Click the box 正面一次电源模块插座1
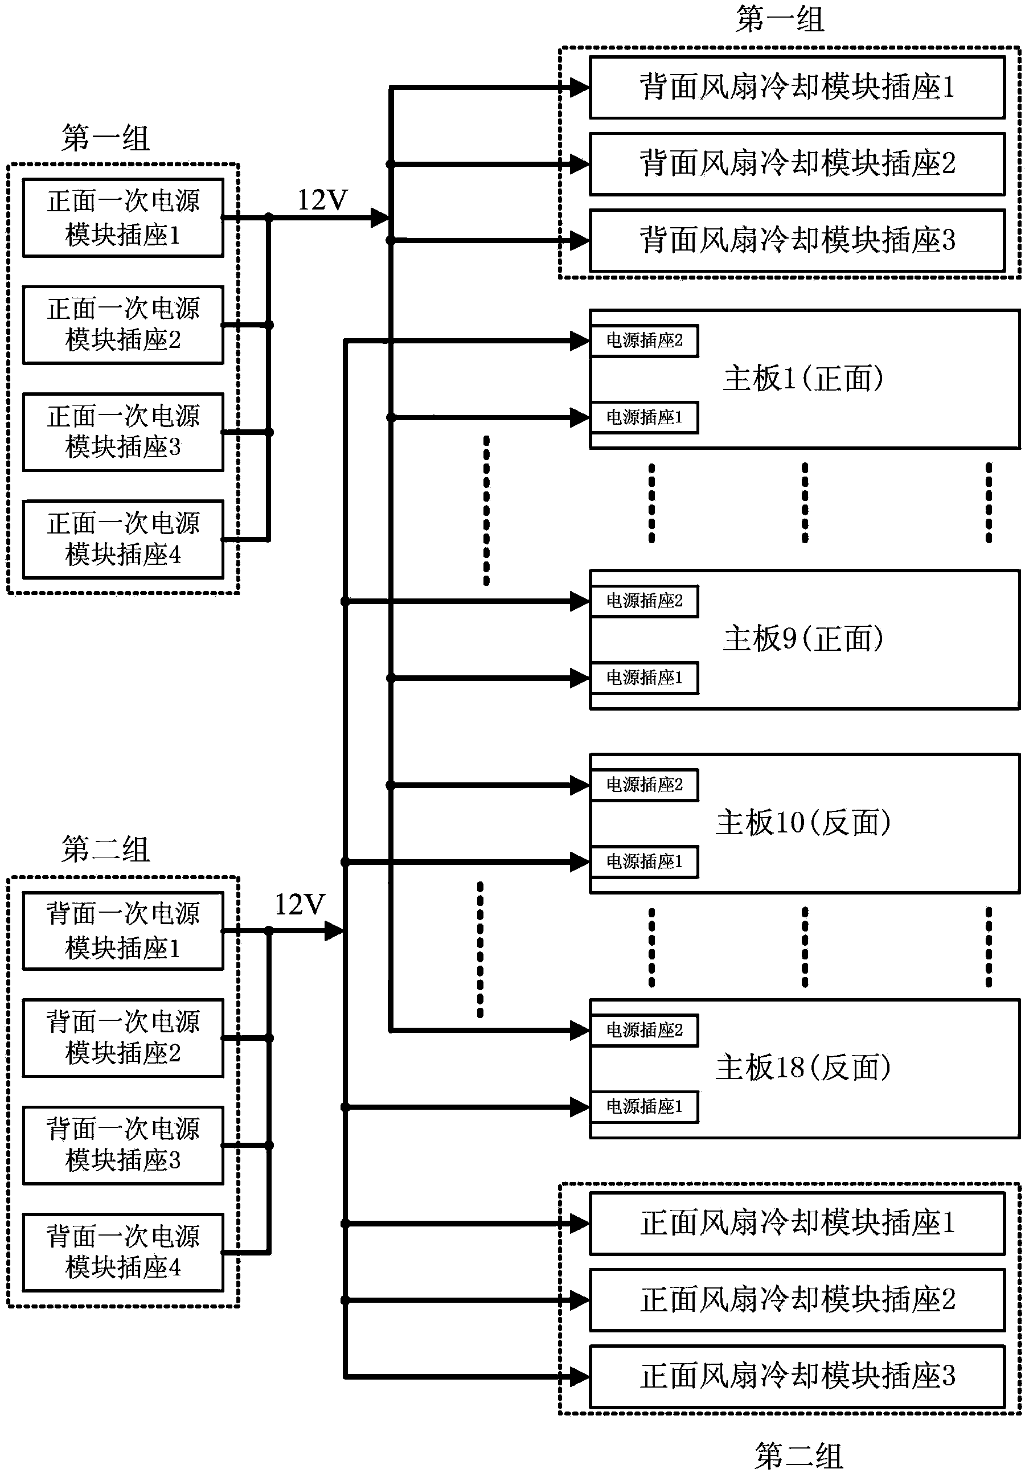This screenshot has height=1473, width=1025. point(123,218)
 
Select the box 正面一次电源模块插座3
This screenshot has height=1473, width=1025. point(123,432)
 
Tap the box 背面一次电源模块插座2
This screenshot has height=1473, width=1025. point(123,1037)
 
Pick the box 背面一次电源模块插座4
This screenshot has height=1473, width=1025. point(123,1252)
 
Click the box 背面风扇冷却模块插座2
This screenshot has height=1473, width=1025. point(797,164)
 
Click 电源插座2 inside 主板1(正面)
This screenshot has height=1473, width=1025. point(644,340)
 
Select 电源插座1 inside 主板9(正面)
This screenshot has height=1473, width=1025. point(644,678)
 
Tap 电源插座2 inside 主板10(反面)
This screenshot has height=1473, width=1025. point(644,785)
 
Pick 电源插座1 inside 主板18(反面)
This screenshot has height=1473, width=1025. point(644,1107)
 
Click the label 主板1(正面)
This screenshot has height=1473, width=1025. point(803,379)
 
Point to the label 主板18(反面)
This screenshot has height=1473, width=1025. point(803,1068)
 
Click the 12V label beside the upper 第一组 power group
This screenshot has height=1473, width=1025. point(322,201)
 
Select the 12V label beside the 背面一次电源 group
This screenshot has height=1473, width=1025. point(300,905)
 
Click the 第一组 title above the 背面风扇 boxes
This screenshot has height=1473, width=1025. point(780,19)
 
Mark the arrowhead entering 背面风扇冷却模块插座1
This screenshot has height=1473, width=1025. point(580,88)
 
